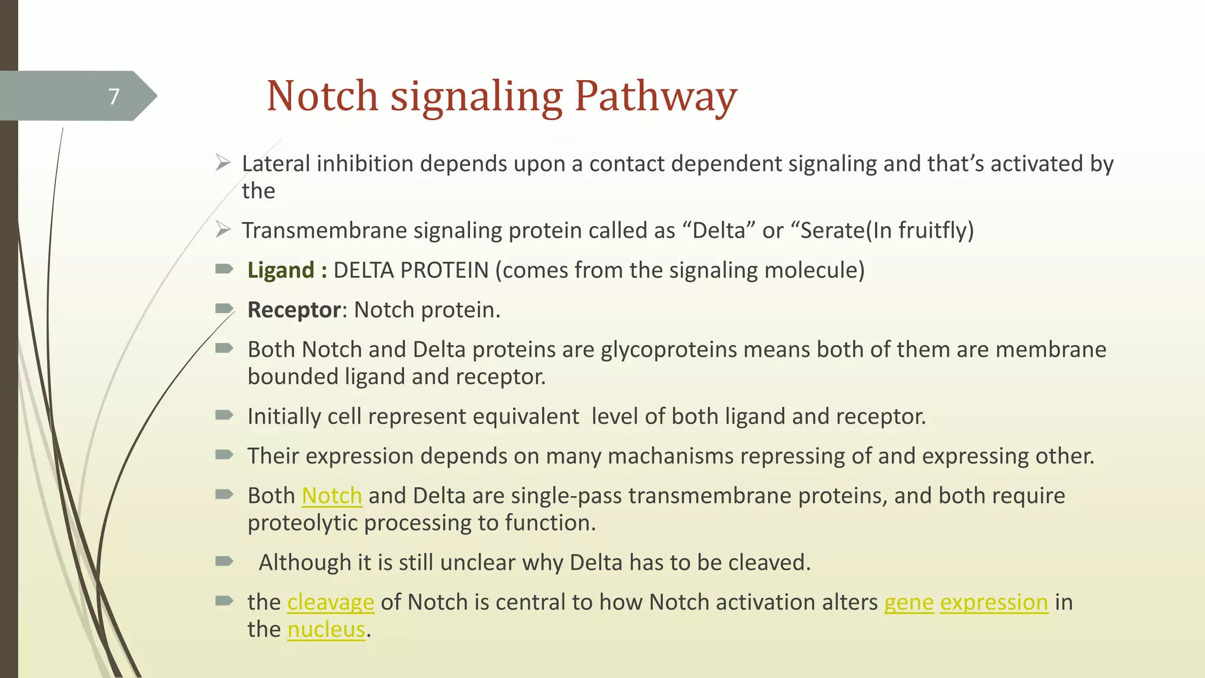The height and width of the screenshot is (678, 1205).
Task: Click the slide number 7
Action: [114, 96]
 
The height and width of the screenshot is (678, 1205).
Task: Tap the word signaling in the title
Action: [477, 96]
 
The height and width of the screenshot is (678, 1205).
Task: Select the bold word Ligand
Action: [281, 270]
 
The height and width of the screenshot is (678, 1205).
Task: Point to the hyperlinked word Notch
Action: [332, 496]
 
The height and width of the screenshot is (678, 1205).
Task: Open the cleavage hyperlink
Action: [331, 602]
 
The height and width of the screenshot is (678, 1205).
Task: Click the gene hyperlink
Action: [908, 602]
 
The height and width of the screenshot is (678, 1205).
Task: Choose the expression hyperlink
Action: [994, 602]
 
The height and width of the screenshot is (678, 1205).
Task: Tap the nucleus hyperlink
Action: [327, 629]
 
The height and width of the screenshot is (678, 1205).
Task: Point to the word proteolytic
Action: [302, 523]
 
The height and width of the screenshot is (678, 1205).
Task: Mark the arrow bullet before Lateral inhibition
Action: [223, 163]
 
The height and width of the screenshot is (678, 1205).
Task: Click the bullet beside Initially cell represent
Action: [224, 416]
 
